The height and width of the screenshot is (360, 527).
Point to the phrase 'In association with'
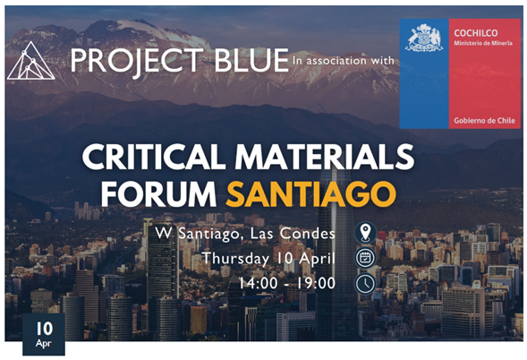[344, 61]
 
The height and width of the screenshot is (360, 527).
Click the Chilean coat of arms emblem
[424, 38]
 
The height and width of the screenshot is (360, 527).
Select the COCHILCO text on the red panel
[476, 33]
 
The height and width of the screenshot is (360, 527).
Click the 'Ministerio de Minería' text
[483, 43]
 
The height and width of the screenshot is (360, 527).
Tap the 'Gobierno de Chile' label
[484, 121]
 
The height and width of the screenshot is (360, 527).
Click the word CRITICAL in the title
[154, 157]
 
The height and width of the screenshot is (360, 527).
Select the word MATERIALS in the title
[324, 157]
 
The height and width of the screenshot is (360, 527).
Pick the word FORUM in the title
[158, 194]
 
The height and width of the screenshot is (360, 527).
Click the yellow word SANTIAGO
[310, 194]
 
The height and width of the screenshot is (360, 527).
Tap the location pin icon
[365, 233]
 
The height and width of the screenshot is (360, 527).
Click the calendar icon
[365, 258]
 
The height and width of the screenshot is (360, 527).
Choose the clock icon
[365, 284]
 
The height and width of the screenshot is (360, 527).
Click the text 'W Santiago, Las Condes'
[245, 234]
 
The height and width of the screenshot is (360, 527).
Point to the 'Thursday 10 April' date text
[268, 259]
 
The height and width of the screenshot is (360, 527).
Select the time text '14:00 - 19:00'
[287, 283]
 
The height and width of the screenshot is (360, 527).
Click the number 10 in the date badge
[45, 329]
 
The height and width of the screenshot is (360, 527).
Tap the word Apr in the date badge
[44, 344]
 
